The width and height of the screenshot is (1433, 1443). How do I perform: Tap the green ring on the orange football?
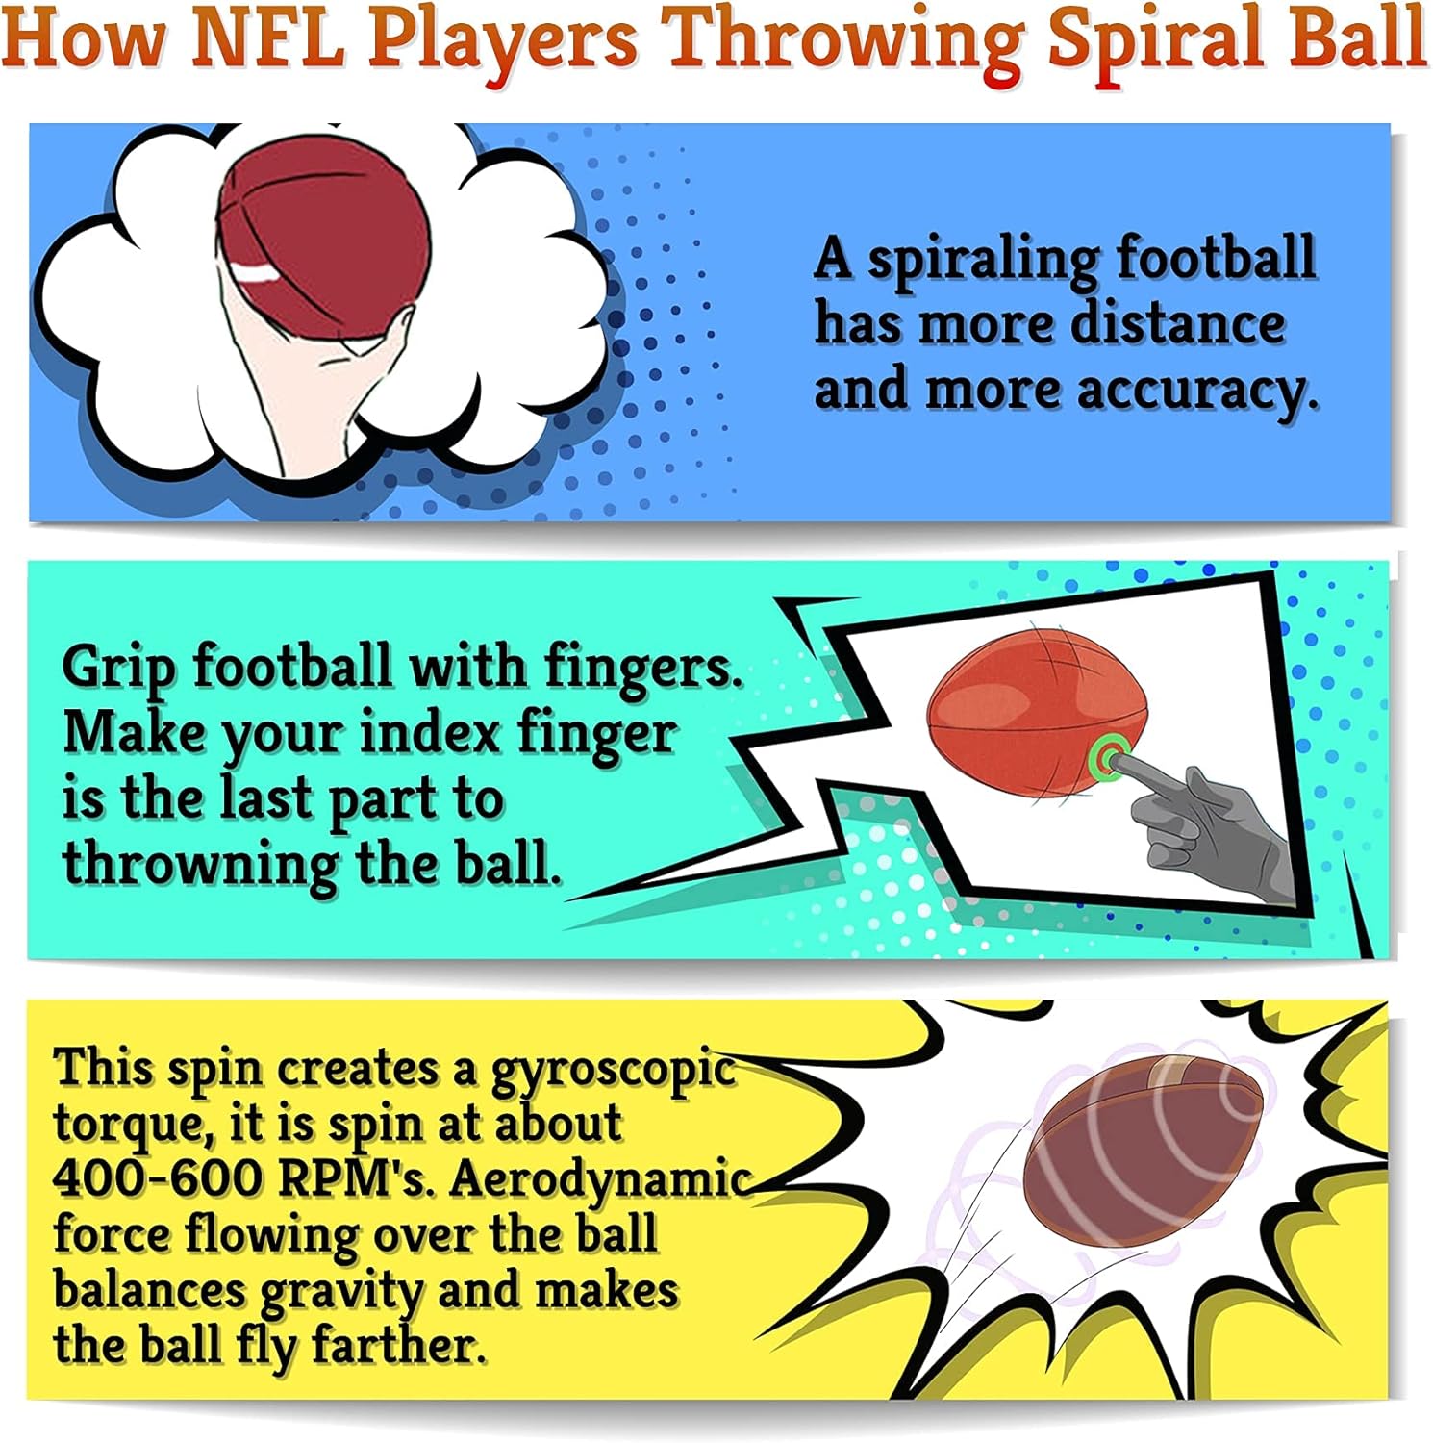coord(1110,759)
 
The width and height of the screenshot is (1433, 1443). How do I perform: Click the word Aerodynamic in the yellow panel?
coord(598,1179)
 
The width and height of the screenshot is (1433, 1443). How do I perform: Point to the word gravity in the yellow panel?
coord(341,1291)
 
